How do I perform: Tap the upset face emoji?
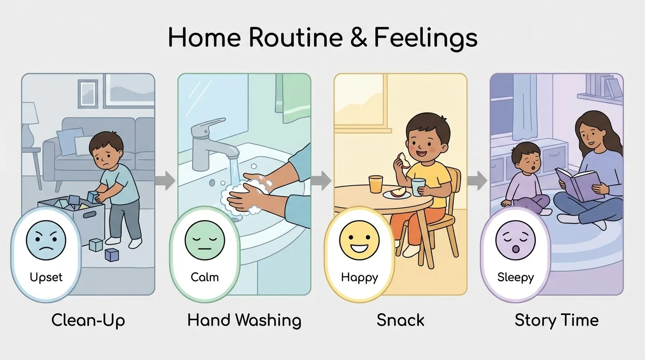pos(46,240)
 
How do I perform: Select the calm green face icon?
pos(205,240)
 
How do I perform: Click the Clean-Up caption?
pos(88,321)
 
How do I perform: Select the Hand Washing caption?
pos(244,321)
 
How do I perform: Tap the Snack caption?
pos(400,321)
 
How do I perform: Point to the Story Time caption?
pos(556,321)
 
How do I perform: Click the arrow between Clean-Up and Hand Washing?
pos(165,181)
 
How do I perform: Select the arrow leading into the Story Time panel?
pos(477,181)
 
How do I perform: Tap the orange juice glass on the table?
pos(375,184)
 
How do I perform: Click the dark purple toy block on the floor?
pos(112,255)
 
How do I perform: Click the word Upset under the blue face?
pos(46,277)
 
